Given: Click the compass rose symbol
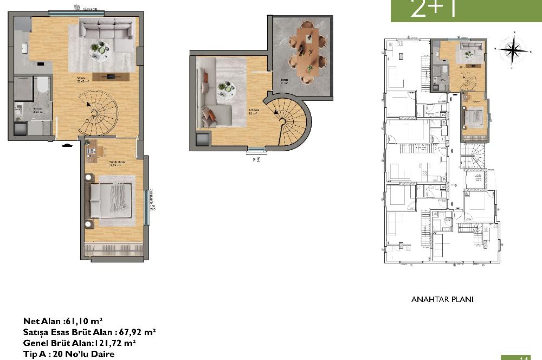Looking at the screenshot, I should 513,50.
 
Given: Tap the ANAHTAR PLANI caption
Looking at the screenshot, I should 443,299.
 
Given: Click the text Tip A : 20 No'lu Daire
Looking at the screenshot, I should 69,354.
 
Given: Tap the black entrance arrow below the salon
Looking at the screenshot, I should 66,145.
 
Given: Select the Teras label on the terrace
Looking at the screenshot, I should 283,80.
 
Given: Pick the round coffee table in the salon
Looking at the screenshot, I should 99,48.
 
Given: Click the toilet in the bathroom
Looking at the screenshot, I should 42,86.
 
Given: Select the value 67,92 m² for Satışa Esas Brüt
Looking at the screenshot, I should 135,332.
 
